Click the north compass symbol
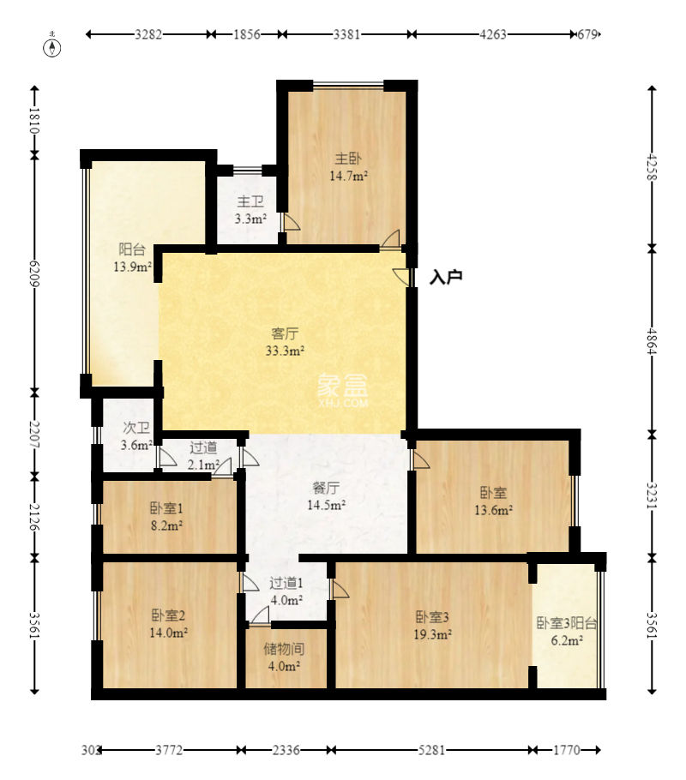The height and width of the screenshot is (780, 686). [52, 46]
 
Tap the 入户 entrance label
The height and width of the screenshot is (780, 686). [446, 277]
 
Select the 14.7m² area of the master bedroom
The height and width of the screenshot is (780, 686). [348, 176]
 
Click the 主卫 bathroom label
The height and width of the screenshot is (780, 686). [250, 201]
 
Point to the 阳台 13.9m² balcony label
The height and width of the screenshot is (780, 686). [132, 258]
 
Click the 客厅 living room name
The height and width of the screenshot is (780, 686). [285, 333]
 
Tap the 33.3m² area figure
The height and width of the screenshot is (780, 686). [285, 351]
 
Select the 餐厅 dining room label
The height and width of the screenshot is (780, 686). [326, 488]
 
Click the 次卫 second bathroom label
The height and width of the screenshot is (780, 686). [135, 428]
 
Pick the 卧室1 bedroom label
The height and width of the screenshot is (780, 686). [166, 508]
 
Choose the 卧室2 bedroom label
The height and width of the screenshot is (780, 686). [168, 615]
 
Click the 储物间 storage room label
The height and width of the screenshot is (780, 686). [284, 649]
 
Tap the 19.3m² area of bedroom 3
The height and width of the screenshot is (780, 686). [432, 634]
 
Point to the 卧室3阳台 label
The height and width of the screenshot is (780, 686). [567, 623]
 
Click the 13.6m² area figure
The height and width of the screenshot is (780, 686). [493, 510]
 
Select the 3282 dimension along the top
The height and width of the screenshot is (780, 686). [148, 34]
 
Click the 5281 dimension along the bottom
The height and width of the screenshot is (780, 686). [431, 750]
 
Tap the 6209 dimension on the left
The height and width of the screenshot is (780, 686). [34, 273]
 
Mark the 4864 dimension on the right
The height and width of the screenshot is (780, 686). [652, 341]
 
